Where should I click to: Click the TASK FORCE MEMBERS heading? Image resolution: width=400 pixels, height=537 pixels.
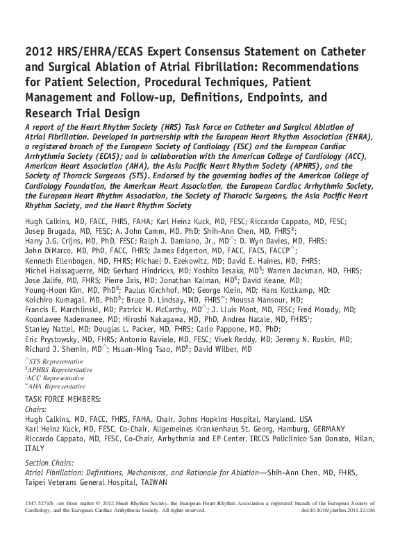[62, 399]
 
